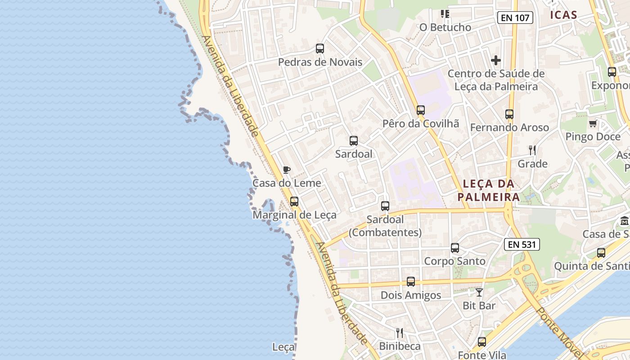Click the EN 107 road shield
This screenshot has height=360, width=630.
tap(515, 18)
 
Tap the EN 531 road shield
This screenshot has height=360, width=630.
tap(522, 244)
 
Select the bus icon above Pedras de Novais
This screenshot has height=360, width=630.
tap(320, 49)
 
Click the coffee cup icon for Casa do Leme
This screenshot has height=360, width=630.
tap(286, 170)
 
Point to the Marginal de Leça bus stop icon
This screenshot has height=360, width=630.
tap(294, 202)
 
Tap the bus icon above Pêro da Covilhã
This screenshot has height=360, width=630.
tap(421, 110)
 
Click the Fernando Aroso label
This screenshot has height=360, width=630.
tap(509, 128)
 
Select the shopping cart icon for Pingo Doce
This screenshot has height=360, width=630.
tap(593, 123)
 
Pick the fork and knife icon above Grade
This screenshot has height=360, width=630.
tap(532, 150)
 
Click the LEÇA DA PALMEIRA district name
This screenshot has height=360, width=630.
tap(489, 190)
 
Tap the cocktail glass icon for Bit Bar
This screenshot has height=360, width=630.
tap(479, 292)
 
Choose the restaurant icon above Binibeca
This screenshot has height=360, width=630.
tap(400, 333)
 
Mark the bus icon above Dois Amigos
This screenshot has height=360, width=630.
tap(411, 282)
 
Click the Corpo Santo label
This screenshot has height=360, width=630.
tap(455, 261)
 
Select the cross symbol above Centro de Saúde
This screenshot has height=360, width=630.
tap(496, 60)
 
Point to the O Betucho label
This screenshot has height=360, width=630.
tap(445, 27)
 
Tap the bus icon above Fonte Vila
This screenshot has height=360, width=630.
tap(482, 342)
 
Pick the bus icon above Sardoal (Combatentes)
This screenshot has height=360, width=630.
tap(385, 206)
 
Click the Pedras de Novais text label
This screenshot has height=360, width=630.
tap(320, 62)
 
